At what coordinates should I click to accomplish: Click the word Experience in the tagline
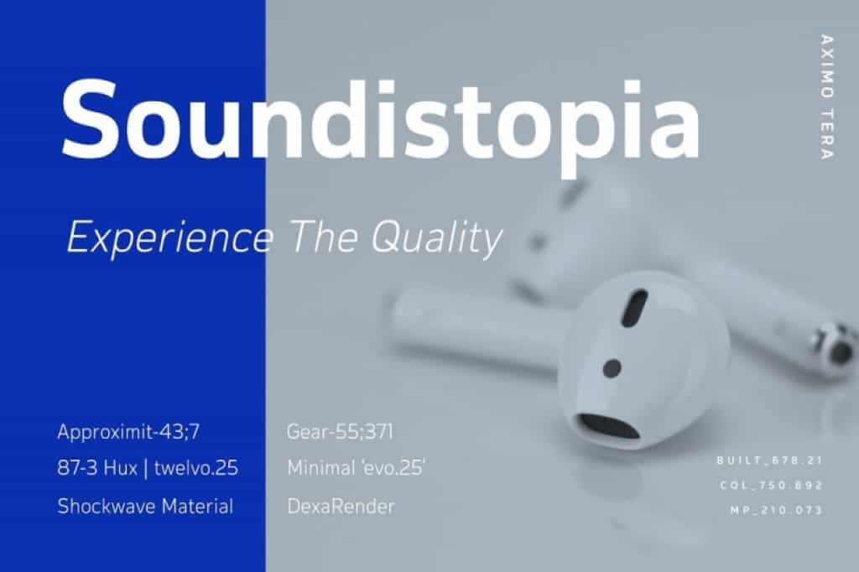169,238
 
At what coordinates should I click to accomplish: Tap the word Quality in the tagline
436,238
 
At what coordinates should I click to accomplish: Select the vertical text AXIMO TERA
826,97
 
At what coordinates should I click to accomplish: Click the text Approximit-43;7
128,432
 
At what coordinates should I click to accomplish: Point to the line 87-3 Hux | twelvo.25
148,469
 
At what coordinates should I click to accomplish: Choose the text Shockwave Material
145,507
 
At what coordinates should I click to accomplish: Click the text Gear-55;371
340,432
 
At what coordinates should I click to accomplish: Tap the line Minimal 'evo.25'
356,468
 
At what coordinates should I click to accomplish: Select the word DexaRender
341,507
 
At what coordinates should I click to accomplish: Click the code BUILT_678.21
770,460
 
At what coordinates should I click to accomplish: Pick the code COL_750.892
772,486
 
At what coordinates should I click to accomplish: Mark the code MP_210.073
776,511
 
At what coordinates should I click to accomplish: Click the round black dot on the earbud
612,368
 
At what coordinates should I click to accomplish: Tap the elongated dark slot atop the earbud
634,308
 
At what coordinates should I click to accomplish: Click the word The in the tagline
324,237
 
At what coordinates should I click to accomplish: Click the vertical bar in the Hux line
146,469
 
